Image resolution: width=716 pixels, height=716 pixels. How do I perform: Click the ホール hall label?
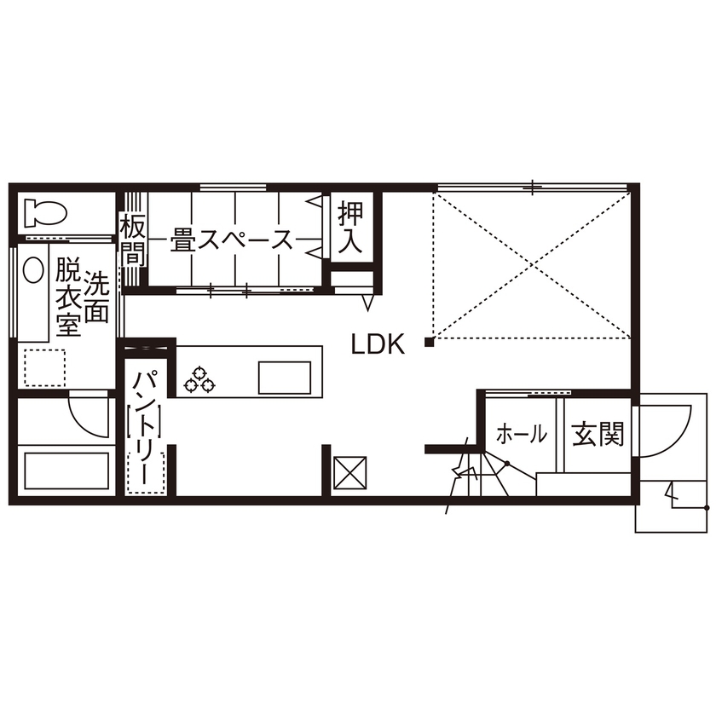[x=520, y=435]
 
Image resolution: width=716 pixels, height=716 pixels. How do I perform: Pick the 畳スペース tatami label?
[x=231, y=240]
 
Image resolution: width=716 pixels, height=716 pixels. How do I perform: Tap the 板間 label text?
[x=132, y=240]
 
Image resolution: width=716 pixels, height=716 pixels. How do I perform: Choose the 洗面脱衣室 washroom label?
[x=82, y=303]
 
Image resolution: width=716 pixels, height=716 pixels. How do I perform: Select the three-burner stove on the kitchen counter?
[x=200, y=378]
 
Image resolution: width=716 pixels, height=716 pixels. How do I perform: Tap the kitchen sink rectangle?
[x=285, y=377]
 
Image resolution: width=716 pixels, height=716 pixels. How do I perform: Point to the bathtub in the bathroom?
[x=67, y=471]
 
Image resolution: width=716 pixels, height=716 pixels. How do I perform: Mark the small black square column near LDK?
[x=430, y=343]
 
